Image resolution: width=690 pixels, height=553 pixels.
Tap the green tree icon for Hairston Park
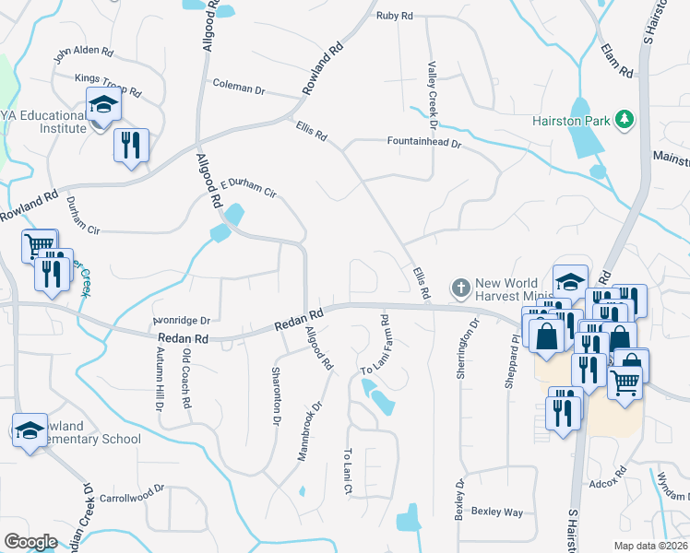click(625, 119)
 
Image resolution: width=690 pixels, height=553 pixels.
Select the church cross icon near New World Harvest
click(461, 288)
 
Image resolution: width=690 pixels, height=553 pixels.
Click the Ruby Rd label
click(394, 16)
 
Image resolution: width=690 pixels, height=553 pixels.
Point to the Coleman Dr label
click(238, 88)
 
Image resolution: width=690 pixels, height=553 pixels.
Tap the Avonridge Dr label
click(182, 321)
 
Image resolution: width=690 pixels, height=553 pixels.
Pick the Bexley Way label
click(497, 512)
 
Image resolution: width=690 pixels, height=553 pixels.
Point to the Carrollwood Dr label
click(131, 495)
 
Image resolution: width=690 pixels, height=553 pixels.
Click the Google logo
click(30, 542)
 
